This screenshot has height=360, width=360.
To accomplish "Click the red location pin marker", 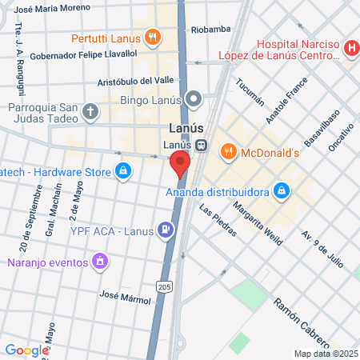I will point(180,164).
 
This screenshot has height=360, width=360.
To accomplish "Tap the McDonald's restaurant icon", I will point(228,152).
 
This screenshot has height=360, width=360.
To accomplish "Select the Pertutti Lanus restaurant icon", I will point(152,38).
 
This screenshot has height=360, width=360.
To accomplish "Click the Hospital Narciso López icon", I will point(350,50).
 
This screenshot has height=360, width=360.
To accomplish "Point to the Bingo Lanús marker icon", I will point(194,100).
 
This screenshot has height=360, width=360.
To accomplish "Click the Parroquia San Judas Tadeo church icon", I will point(90,112).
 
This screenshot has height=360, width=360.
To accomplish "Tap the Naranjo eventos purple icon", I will point(99,261).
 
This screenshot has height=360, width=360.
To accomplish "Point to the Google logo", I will point(26,350).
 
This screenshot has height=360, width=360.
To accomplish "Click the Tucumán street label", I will point(250,96).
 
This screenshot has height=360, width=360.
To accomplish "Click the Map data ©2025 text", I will point(324,354).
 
